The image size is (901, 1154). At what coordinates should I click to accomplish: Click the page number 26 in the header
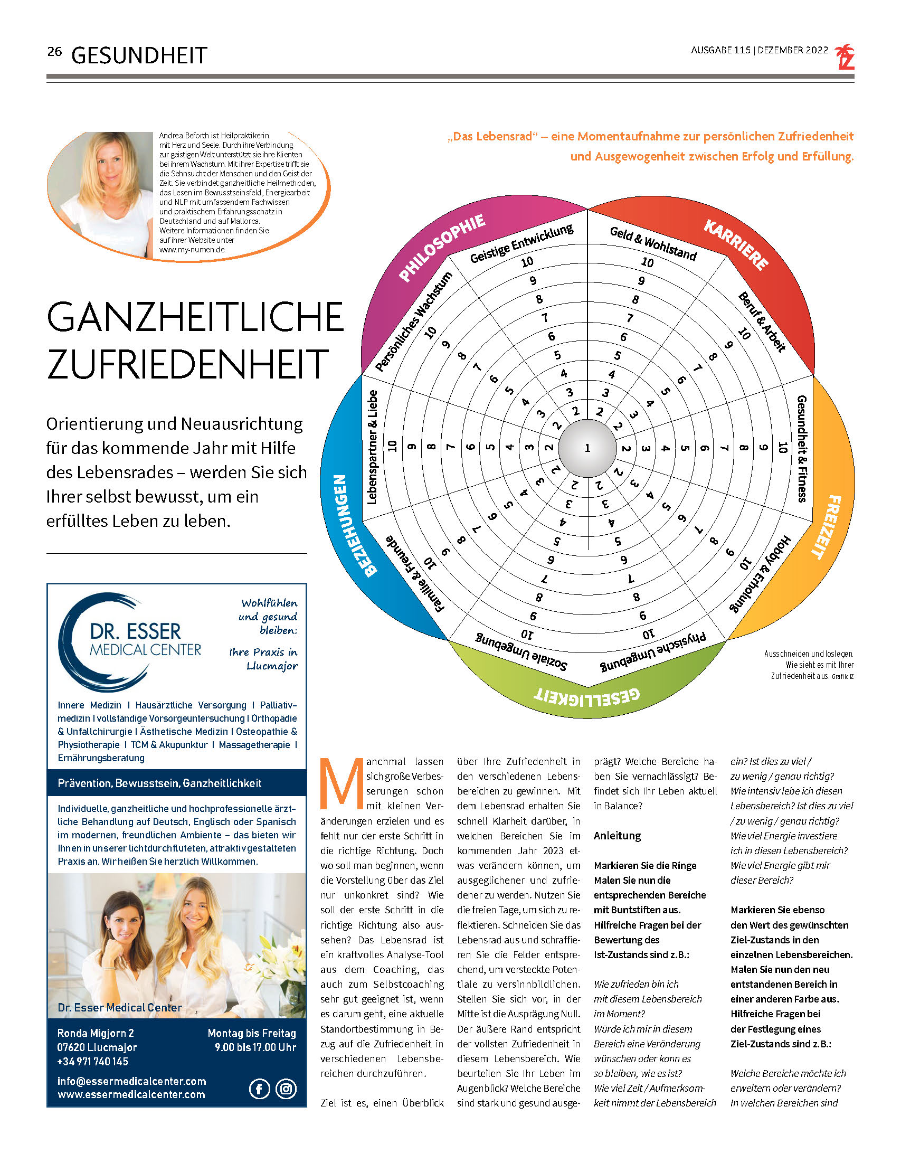click(54, 52)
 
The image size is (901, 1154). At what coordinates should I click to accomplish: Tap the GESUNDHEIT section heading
click(139, 55)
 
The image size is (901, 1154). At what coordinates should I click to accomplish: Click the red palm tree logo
click(844, 57)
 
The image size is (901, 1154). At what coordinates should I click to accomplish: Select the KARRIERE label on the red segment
click(736, 244)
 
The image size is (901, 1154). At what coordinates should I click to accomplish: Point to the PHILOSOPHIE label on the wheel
click(442, 247)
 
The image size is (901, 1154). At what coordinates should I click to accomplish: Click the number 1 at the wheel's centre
click(587, 448)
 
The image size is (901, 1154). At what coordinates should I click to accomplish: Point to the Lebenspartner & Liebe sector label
click(372, 447)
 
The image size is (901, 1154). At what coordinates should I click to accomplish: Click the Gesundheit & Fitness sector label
click(802, 448)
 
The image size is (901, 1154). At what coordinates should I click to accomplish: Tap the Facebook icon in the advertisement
click(260, 1089)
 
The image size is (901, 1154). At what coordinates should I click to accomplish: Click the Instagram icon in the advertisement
click(286, 1089)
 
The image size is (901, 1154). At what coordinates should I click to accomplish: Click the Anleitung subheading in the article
click(617, 836)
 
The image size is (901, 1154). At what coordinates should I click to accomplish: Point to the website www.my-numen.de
click(192, 250)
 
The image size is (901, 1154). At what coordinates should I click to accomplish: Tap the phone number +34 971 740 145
click(92, 1062)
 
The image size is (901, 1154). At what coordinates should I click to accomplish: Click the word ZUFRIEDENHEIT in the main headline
click(187, 364)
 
